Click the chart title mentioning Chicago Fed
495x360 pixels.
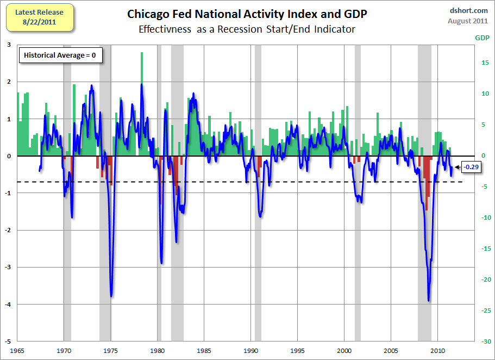tap(247, 13)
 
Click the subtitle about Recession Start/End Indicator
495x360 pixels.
tap(247, 29)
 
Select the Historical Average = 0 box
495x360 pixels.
tap(60, 55)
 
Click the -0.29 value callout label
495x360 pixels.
tap(471, 167)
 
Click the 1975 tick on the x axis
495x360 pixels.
tap(111, 350)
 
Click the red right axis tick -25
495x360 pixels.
tap(482, 311)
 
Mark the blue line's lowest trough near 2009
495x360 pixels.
tap(428, 300)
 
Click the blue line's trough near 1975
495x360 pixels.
tap(111, 296)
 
